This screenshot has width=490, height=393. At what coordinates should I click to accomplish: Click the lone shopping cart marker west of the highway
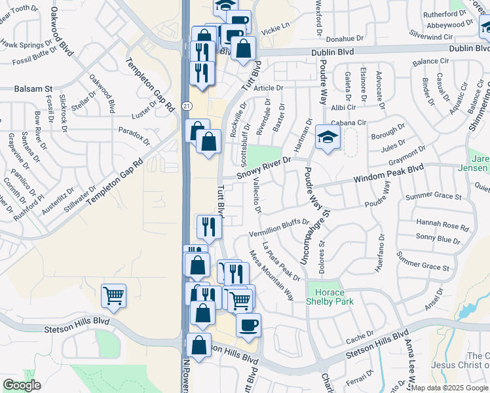pyautogui.click(x=114, y=295)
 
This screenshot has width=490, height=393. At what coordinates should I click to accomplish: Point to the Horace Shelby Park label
pyautogui.click(x=330, y=297)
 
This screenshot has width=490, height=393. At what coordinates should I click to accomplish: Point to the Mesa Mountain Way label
pyautogui.click(x=271, y=274)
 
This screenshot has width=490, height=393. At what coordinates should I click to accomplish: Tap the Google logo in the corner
pyautogui.click(x=22, y=384)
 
